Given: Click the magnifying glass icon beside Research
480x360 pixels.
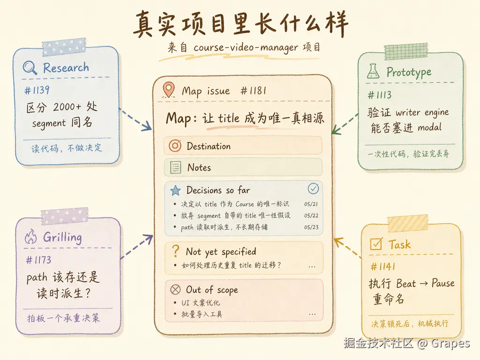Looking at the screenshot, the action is pos(30,67).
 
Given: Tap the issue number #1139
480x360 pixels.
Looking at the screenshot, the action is pos(37,90).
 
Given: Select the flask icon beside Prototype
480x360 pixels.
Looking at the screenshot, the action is pos(373,71).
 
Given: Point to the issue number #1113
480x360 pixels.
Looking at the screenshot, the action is pos(380,95).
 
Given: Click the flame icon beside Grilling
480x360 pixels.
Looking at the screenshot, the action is pos(30,236).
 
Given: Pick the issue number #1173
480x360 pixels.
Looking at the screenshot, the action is pos(38,260).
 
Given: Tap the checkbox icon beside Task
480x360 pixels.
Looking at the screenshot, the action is pos(376,244).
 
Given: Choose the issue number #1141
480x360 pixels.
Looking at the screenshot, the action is pos(382,267).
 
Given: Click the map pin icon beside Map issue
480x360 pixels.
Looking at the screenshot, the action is pos(169,90).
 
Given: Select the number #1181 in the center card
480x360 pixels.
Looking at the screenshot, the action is pos(253,90).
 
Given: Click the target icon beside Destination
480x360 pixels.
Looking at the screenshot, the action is pos(175,146).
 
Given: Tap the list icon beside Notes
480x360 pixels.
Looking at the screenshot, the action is pos(175,167).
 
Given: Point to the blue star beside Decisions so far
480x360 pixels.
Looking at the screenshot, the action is pos(175,190).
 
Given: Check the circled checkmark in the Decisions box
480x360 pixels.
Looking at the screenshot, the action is pos(313,188).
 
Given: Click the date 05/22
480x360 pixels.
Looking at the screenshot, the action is pos(311,216).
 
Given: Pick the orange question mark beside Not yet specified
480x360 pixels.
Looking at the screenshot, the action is pos(175,251).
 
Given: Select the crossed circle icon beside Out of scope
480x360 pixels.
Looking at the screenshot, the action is pos(175,289).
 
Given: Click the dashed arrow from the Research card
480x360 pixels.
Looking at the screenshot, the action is pos(135,120).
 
